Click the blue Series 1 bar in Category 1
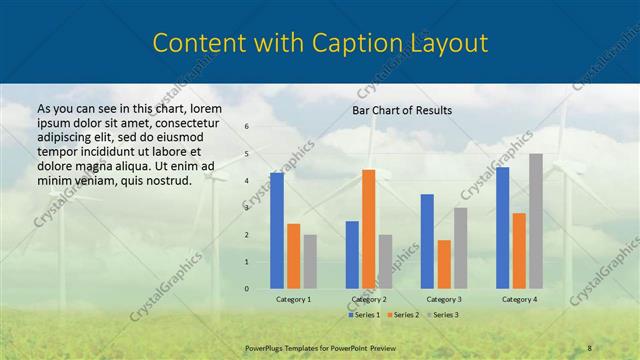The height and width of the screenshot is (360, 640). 277,231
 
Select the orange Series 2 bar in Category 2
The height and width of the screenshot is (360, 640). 368,229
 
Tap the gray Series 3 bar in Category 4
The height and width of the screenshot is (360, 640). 536,221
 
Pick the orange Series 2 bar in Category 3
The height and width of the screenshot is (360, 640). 444,264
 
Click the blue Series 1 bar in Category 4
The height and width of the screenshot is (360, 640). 502,228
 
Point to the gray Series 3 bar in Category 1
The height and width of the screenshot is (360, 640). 310,262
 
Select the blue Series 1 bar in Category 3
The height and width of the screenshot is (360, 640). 427,241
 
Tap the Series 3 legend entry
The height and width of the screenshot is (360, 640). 445,315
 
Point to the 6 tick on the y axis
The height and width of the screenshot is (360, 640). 247,127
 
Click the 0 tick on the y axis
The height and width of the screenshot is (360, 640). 247,289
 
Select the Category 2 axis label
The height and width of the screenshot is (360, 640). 369,299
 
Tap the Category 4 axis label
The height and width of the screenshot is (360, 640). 519,299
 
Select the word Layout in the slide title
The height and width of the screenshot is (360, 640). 447,43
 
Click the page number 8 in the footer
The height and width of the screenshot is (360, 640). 590,346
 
